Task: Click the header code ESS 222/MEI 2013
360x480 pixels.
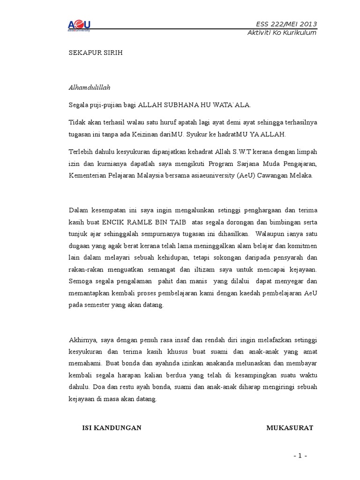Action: pyautogui.click(x=286, y=24)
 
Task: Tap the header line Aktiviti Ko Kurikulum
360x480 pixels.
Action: pyautogui.click(x=282, y=32)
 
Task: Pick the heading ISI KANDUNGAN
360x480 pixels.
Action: pyautogui.click(x=112, y=427)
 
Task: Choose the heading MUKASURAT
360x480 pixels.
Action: pyautogui.click(x=290, y=427)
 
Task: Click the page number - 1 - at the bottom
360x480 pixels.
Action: pyautogui.click(x=300, y=456)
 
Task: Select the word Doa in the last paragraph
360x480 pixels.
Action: pyautogui.click(x=97, y=387)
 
